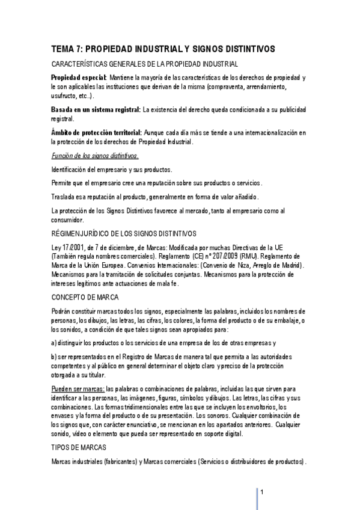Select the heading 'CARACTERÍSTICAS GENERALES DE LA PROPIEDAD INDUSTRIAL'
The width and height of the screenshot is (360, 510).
144,64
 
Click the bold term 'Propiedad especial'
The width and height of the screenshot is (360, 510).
78,78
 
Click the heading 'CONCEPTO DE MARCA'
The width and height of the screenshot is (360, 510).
85,297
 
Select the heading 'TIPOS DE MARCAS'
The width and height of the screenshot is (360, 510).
80,447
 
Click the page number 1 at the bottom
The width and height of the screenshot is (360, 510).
263,491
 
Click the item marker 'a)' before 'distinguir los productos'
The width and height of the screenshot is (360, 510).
55,343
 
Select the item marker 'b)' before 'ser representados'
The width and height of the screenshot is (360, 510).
55,358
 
